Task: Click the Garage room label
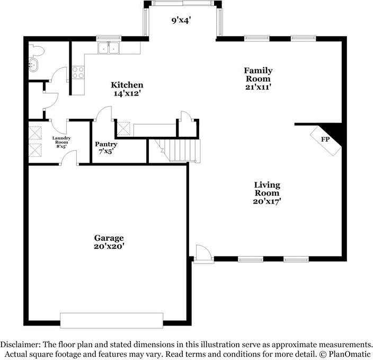[110, 238]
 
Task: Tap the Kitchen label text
[127, 85]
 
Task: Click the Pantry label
[106, 144]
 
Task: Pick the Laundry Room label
[61, 140]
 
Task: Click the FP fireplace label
[325, 139]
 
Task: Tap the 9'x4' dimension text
[180, 21]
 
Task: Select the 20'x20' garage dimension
[110, 246]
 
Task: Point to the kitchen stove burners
[78, 72]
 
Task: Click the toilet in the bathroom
[36, 50]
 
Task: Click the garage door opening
[112, 320]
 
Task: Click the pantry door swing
[103, 114]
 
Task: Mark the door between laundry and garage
[70, 158]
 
